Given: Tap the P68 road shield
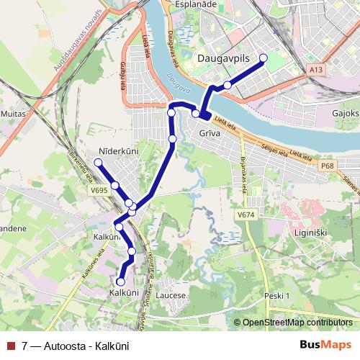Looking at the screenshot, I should [328, 166].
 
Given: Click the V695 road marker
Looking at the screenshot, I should [99, 190].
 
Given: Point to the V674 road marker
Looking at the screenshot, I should [246, 215].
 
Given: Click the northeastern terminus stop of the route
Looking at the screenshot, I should [263, 58].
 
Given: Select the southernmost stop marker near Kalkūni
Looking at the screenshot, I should [121, 282].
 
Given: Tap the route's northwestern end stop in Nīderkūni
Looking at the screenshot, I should [98, 163].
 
